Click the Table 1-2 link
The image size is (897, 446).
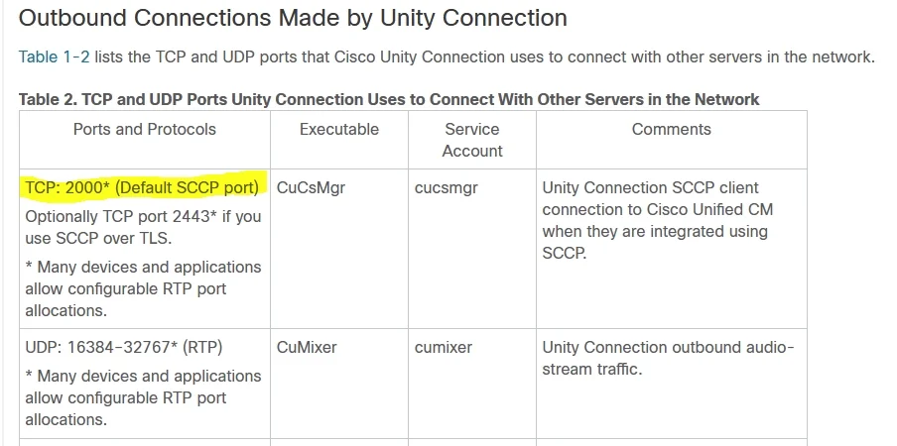(x=55, y=57)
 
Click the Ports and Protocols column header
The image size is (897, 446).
(x=145, y=129)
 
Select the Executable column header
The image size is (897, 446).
(x=339, y=129)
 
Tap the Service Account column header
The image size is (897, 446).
(x=472, y=140)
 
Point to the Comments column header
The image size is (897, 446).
(x=672, y=129)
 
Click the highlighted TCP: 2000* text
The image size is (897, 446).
(x=66, y=188)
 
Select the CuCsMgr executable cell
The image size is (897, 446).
(x=311, y=188)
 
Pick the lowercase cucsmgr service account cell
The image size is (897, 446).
(x=447, y=188)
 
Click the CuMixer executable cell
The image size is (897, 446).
(x=307, y=347)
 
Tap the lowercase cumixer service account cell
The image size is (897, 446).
(x=444, y=347)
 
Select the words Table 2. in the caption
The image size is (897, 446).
(x=48, y=99)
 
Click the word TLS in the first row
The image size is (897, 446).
(x=154, y=239)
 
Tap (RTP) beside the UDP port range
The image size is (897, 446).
(x=202, y=347)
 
